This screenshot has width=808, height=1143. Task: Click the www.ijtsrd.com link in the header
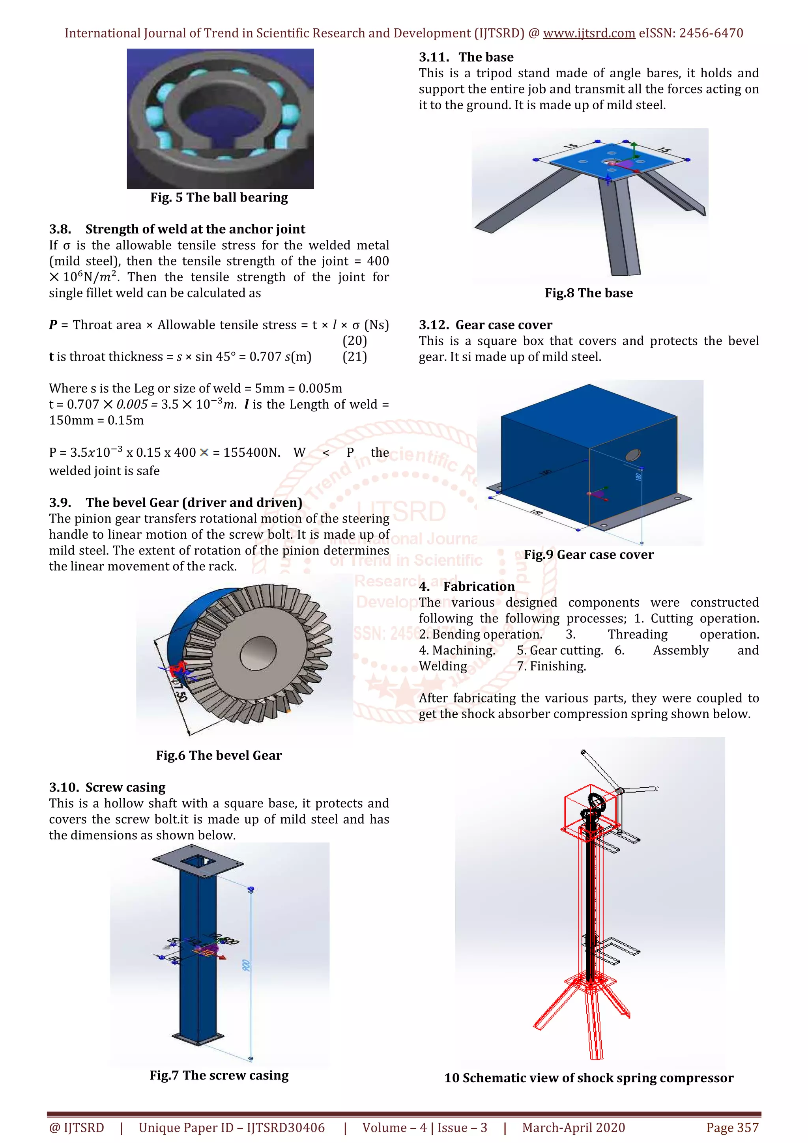click(x=589, y=34)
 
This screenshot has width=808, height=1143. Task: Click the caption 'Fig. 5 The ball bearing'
click(x=219, y=198)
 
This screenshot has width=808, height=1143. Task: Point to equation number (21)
click(x=354, y=357)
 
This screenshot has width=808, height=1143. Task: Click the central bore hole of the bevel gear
click(x=258, y=653)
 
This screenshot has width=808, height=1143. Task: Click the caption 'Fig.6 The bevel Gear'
click(x=219, y=755)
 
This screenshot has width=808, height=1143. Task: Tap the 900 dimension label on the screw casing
click(x=246, y=965)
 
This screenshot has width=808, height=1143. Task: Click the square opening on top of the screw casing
click(x=198, y=861)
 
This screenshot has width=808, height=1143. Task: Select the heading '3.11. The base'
click(x=466, y=57)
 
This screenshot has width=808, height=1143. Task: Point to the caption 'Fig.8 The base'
click(x=589, y=293)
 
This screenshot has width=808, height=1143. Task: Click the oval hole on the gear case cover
click(x=632, y=454)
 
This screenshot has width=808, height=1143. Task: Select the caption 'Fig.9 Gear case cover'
click(x=589, y=555)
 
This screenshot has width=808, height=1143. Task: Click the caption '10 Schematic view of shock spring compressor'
click(x=589, y=1078)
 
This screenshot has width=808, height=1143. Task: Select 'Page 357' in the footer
click(x=732, y=1128)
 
